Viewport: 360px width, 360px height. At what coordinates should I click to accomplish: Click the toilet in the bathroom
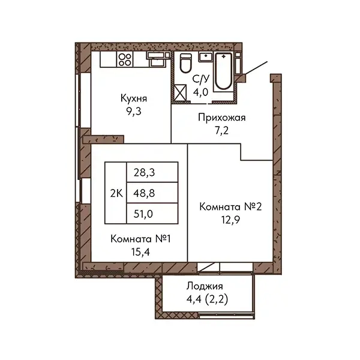185,63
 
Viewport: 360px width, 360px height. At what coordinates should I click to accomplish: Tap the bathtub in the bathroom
224,71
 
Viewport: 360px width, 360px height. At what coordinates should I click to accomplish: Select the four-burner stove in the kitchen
125,59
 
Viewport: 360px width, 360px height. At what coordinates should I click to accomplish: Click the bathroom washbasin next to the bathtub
206,56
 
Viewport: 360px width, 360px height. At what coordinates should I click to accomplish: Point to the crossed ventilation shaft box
180,93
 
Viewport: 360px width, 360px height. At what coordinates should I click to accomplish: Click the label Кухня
134,98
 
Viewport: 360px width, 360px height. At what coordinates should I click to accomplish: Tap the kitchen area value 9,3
133,112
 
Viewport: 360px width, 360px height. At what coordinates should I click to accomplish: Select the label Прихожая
222,118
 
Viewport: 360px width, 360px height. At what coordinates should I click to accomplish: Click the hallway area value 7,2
222,131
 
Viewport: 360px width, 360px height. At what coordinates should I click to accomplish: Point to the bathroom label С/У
201,79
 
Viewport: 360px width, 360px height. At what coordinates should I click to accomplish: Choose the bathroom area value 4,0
200,92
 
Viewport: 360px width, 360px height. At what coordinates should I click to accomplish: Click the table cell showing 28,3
152,172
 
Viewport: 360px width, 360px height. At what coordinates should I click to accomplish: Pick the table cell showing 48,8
152,193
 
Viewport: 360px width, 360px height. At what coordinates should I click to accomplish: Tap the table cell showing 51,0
152,214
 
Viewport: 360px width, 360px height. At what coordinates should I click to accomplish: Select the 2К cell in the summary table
116,193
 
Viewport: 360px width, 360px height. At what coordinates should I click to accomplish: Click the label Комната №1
140,239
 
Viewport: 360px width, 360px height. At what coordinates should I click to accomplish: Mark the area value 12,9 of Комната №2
230,220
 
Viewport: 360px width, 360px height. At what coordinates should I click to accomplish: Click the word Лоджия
205,287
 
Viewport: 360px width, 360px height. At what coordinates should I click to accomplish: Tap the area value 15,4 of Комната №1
140,253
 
